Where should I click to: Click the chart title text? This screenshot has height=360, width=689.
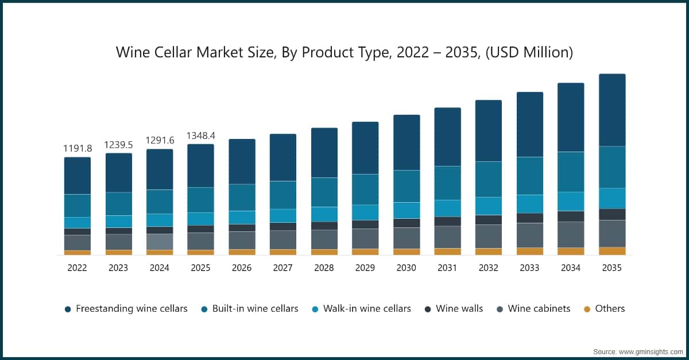[344, 53]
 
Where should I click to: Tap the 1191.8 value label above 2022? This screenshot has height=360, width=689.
[77, 149]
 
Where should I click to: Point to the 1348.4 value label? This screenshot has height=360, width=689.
[200, 136]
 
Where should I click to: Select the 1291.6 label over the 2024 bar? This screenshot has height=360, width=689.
[159, 141]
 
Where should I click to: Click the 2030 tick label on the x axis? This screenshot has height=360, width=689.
[406, 268]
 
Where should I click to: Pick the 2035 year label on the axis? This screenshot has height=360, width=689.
[612, 268]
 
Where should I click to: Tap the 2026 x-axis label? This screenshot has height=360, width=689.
[242, 268]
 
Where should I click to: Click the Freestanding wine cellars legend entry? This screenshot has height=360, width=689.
[131, 309]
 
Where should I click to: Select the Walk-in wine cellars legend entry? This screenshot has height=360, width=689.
[366, 309]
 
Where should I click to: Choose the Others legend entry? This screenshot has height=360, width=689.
[609, 309]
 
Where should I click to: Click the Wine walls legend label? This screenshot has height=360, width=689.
[459, 309]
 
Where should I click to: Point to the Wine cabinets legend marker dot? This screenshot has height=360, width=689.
[500, 309]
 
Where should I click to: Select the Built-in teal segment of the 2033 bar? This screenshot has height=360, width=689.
[530, 176]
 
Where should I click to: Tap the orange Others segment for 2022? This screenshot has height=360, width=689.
[77, 253]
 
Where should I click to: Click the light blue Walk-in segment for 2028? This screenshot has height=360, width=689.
[324, 214]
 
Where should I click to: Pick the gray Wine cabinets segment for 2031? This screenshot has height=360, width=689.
[447, 237]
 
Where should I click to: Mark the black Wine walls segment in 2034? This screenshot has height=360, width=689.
[571, 216]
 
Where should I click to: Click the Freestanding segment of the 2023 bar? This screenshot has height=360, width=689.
[118, 173]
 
